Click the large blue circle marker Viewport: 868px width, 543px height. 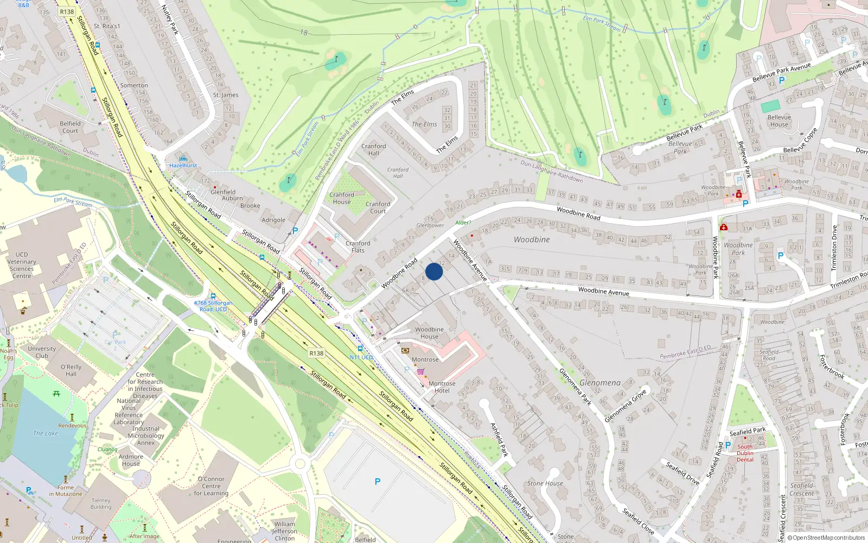[434, 271]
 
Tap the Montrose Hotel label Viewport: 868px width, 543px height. [442, 387]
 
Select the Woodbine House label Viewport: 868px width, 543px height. [429, 333]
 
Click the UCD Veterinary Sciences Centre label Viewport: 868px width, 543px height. [22, 265]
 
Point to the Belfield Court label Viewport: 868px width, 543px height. [70, 127]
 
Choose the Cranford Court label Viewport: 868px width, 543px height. [378, 207]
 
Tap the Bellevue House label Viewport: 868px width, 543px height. [779, 121]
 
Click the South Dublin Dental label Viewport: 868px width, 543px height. [745, 453]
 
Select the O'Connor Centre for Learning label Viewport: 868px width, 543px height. [211, 486]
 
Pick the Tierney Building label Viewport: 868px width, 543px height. [101, 503]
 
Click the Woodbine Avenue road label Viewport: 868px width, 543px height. [603, 292]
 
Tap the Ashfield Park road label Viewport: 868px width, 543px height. [499, 439]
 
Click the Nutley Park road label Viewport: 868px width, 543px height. [170, 20]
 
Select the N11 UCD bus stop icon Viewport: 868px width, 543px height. [360, 349]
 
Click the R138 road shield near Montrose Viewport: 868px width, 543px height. [316, 353]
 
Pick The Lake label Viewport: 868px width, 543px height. [46, 433]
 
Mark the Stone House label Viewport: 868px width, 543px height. [545, 483]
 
